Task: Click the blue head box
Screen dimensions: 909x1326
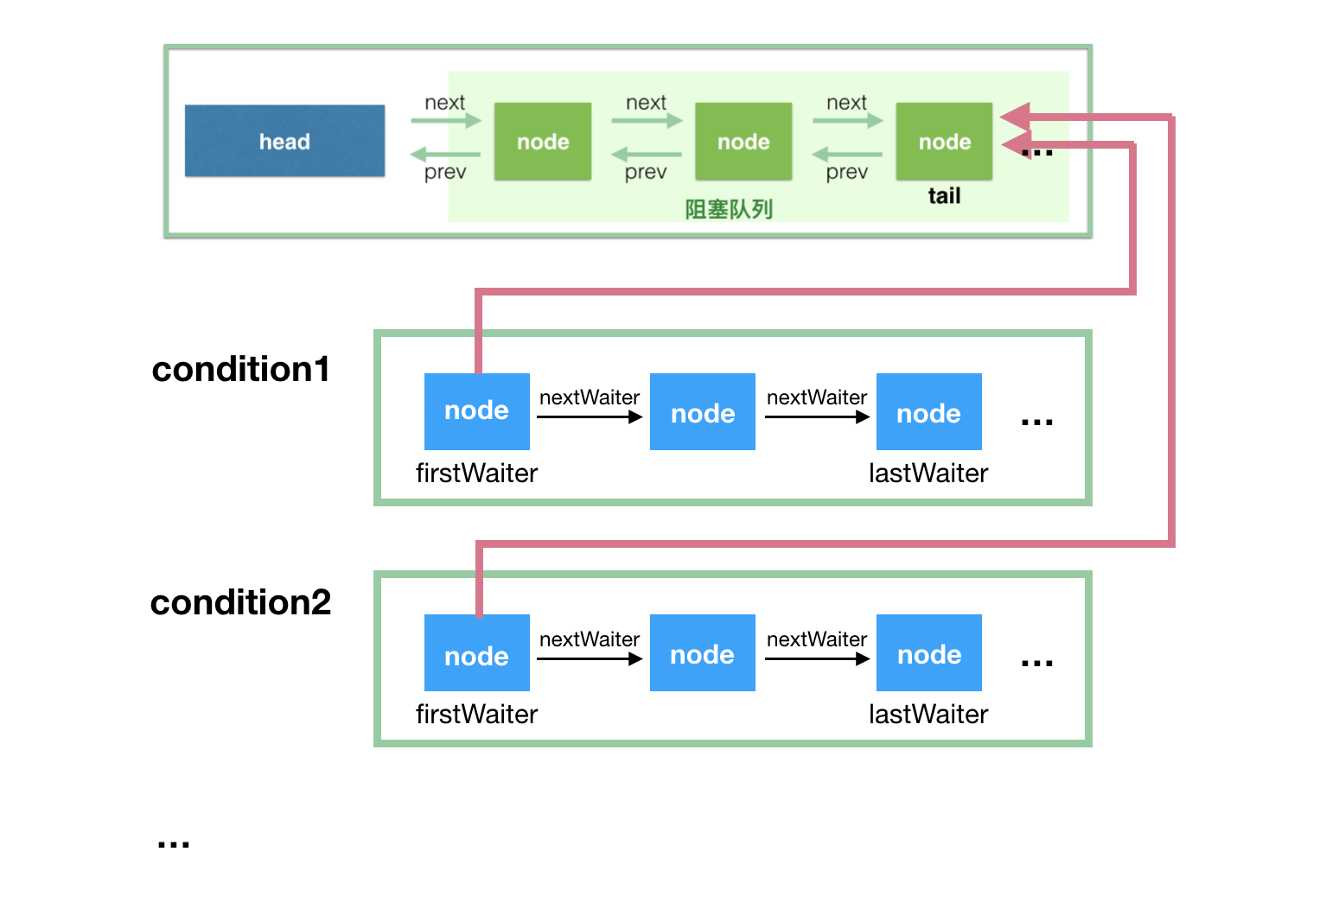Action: [284, 141]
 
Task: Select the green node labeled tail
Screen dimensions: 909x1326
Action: [944, 141]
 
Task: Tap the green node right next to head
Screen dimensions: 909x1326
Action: [543, 141]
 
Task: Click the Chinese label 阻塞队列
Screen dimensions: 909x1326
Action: [729, 209]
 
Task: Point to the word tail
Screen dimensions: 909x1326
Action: [944, 196]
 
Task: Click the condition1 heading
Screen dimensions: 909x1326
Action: [240, 369]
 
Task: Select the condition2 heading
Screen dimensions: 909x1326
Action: [240, 602]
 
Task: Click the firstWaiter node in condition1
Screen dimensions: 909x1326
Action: [476, 411]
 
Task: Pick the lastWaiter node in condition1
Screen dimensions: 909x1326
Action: [928, 411]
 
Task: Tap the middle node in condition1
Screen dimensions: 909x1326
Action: [702, 411]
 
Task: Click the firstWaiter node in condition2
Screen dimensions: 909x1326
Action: [476, 653]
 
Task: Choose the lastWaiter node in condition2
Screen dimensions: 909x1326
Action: [928, 653]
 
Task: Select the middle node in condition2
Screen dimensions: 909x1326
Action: [702, 653]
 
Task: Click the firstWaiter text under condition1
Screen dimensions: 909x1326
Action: [476, 474]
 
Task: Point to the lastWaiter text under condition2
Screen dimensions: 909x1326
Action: [928, 715]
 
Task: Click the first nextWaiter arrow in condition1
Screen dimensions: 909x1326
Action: [590, 416]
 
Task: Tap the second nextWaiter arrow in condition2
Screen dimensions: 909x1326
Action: [817, 658]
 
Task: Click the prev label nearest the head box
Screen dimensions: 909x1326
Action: [445, 173]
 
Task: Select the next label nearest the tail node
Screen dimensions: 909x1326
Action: [846, 103]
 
